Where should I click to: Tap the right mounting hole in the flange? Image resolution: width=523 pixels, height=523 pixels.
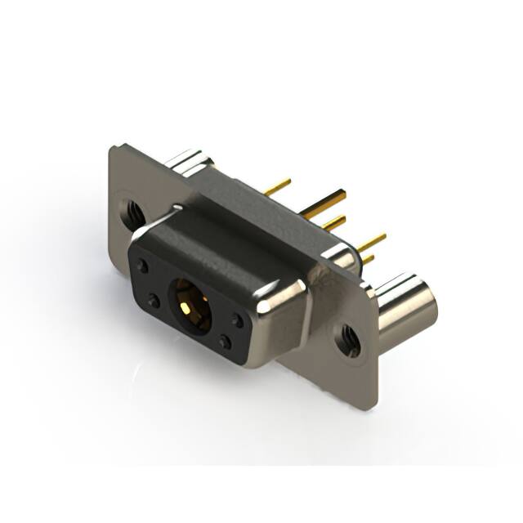click(349, 340)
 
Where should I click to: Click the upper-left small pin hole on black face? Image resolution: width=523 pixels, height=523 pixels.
click(144, 266)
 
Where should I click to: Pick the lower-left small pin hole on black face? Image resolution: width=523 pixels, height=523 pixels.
click(154, 302)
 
